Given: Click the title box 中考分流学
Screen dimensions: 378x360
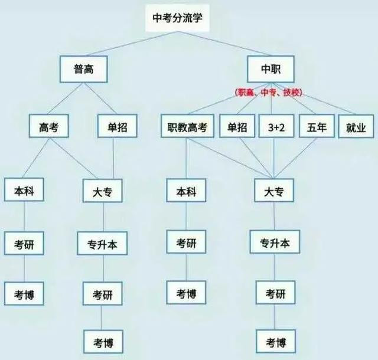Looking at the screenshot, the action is (177, 18).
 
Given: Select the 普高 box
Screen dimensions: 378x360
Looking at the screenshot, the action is (84, 70).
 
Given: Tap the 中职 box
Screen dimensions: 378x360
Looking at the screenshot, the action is (271, 69).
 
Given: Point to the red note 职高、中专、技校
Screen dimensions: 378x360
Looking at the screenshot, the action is (269, 93).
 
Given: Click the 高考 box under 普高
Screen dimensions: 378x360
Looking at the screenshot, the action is (48, 126).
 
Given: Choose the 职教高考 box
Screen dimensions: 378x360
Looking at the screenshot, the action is (187, 126).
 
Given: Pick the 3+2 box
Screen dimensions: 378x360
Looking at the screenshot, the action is (276, 126).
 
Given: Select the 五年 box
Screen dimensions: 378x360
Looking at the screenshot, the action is (317, 126).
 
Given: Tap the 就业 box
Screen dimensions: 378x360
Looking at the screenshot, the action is (356, 126).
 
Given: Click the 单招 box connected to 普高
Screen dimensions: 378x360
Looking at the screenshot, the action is (118, 126).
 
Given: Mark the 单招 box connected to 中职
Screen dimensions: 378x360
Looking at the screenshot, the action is (237, 126).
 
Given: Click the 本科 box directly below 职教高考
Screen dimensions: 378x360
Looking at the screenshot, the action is (186, 191).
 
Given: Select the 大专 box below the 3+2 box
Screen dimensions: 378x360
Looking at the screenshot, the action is (274, 191).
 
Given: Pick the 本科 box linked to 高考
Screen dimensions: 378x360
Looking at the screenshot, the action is (24, 189).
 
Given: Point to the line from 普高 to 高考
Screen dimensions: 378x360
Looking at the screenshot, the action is (66, 99).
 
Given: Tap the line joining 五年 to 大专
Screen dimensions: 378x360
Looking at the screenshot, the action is (295, 158).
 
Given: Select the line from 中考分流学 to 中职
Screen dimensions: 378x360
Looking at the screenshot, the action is (224, 44).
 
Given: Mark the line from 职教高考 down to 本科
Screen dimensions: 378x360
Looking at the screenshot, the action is (186, 158).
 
